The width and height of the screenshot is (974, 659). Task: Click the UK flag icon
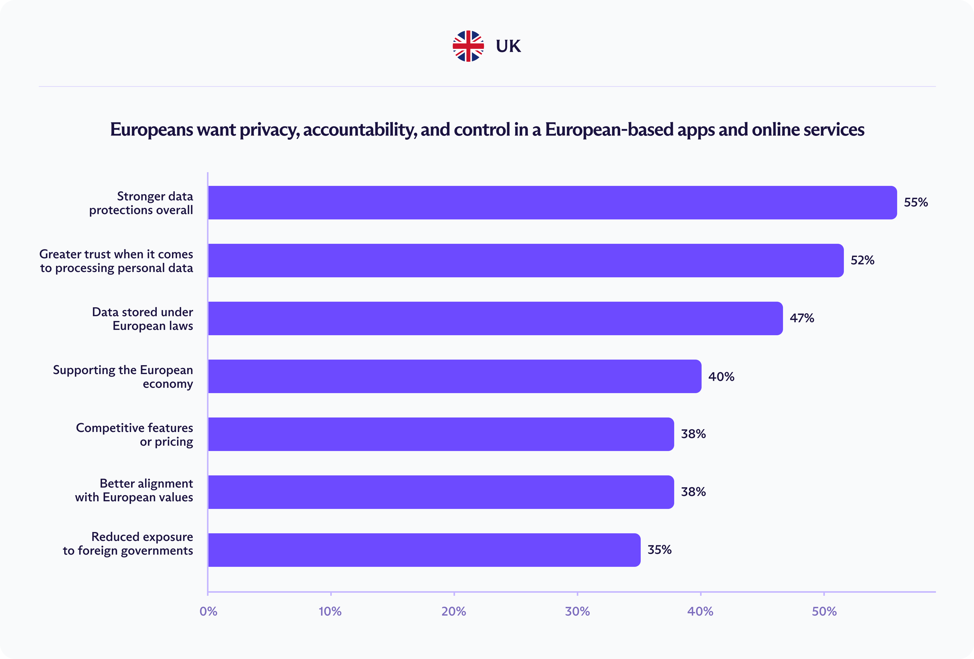tap(468, 46)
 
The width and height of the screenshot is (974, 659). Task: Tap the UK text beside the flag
tap(508, 46)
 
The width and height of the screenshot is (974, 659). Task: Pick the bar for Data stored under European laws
tap(495, 318)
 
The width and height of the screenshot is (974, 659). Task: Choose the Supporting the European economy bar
tap(454, 376)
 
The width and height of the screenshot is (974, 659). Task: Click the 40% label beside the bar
tap(721, 376)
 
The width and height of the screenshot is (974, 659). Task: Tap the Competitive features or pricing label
tap(134, 435)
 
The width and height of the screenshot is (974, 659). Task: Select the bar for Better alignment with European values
tap(441, 492)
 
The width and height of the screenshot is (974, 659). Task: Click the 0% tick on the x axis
tap(208, 611)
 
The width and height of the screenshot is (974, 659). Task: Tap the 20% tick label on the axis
tap(454, 611)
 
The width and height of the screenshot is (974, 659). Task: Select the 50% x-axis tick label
tap(824, 611)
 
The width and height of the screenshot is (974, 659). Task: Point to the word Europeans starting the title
tap(151, 130)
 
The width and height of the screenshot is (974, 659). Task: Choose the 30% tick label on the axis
tap(577, 611)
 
